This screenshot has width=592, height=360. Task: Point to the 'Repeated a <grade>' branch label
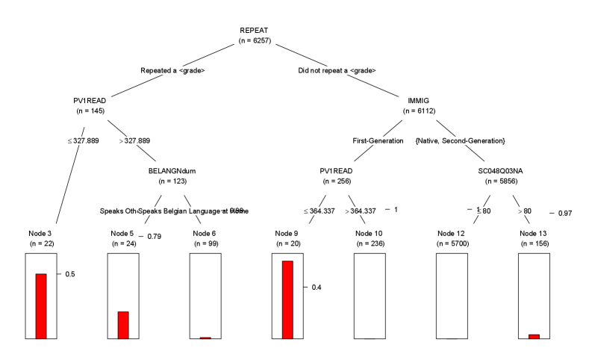coord(172,71)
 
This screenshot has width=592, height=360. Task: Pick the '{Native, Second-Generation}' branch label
coord(460,140)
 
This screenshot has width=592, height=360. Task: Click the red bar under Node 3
coord(41,306)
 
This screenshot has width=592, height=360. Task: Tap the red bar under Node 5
coord(122,325)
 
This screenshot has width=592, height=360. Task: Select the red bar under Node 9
coord(287,300)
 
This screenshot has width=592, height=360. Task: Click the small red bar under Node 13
coord(534,336)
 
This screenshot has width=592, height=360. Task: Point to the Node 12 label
coord(452,233)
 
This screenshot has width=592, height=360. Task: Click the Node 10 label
coord(370,233)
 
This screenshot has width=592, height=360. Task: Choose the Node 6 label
coord(205,233)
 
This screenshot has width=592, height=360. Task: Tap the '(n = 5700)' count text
coord(452,243)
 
